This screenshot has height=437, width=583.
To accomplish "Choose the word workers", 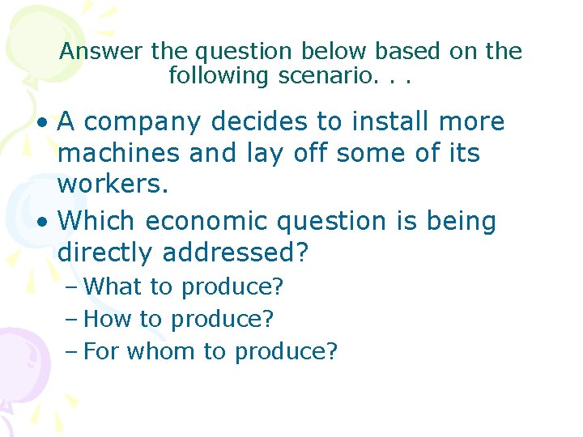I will click(113, 185).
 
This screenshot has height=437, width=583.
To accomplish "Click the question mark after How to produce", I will click(268, 319).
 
